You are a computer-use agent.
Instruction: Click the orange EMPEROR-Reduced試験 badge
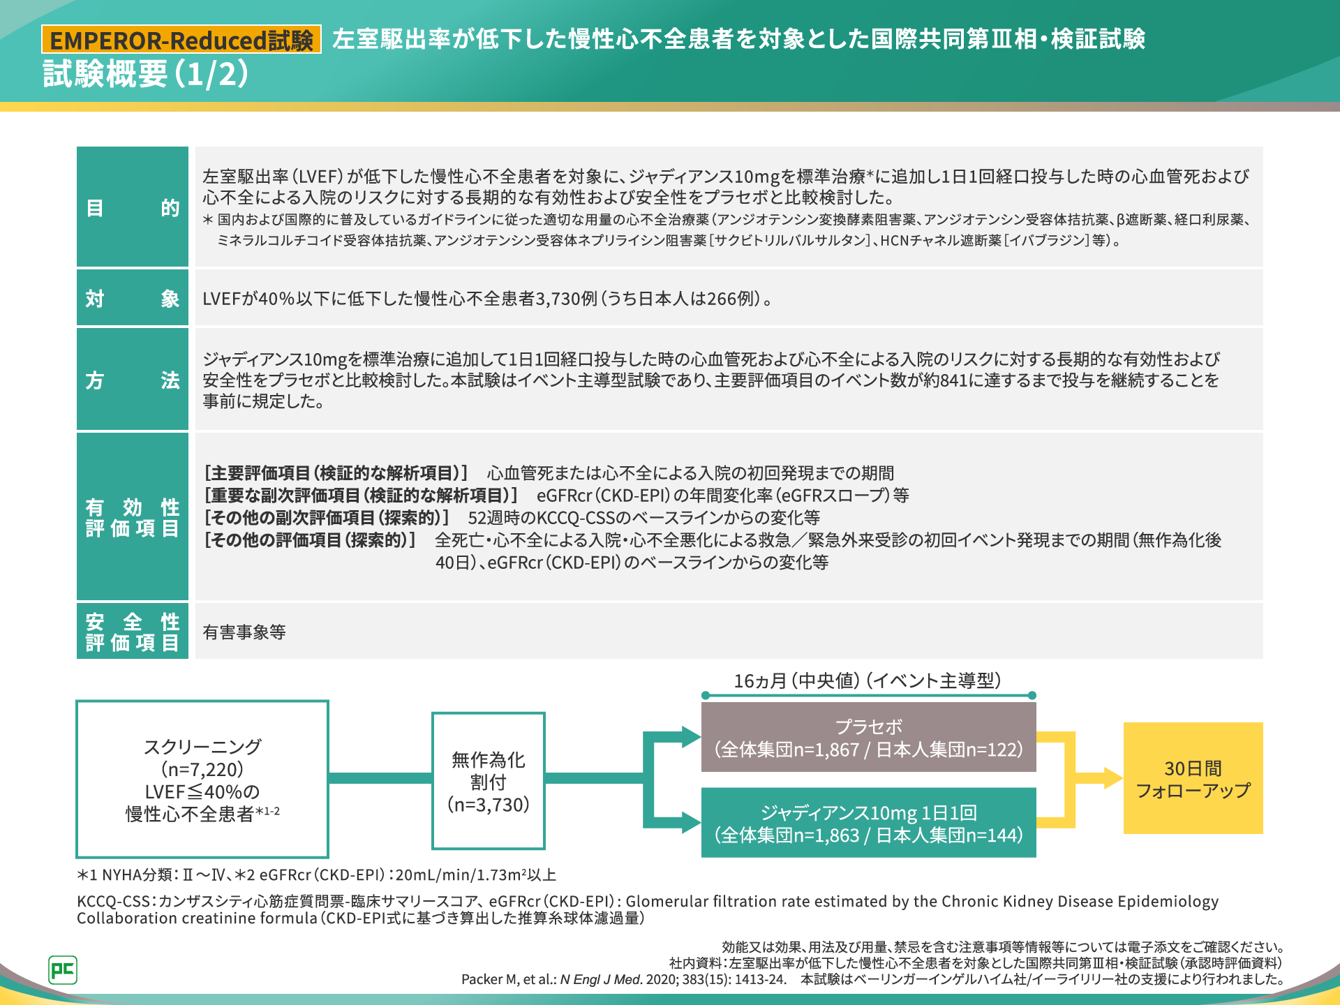(181, 39)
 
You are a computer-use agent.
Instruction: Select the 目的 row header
(133, 207)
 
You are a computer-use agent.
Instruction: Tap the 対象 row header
(133, 298)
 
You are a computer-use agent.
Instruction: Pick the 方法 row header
(133, 379)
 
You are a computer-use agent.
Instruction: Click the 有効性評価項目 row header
(133, 516)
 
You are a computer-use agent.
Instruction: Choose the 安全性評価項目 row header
(133, 631)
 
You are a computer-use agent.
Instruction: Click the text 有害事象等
(244, 632)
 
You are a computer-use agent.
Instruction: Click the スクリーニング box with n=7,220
(202, 779)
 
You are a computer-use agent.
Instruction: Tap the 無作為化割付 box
(489, 780)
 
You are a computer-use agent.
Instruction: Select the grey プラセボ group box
(868, 737)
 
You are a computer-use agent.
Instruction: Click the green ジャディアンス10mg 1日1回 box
(868, 823)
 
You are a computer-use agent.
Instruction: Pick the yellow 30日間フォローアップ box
(1193, 778)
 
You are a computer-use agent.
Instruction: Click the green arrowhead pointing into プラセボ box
(691, 736)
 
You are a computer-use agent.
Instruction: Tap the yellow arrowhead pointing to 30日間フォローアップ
(1114, 778)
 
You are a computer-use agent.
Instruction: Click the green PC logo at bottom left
(63, 969)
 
